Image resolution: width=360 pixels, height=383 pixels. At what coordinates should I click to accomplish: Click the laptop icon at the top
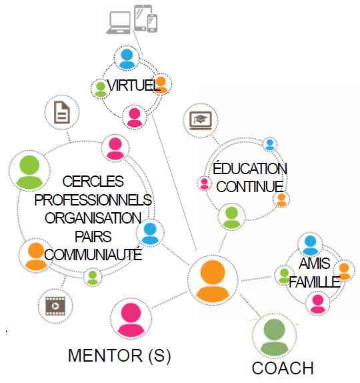pyautogui.click(x=119, y=23)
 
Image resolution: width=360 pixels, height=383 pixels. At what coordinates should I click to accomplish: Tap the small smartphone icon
pyautogui.click(x=152, y=23)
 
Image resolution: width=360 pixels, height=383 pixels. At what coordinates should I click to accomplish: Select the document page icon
pyautogui.click(x=62, y=112)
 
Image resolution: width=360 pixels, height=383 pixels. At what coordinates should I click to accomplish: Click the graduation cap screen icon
pyautogui.click(x=201, y=121)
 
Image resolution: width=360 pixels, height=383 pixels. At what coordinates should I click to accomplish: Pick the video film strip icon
pyautogui.click(x=55, y=306)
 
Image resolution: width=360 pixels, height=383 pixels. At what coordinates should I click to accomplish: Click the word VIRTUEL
pyautogui.click(x=133, y=85)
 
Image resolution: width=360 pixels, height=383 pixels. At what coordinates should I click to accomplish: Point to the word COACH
pyautogui.click(x=283, y=368)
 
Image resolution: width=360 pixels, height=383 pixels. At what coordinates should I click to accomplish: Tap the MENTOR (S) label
pyautogui.click(x=119, y=356)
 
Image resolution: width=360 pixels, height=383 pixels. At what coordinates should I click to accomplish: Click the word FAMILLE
pyautogui.click(x=315, y=282)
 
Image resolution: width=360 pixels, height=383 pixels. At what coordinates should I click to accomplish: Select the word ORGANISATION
pyautogui.click(x=93, y=218)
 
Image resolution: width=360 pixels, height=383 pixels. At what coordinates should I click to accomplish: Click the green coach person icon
pyautogui.click(x=274, y=337)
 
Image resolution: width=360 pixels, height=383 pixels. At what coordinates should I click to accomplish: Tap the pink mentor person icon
pyautogui.click(x=131, y=320)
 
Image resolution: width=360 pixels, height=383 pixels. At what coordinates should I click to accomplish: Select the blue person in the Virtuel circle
pyautogui.click(x=127, y=59)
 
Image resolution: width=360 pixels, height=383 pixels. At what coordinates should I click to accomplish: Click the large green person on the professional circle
pyautogui.click(x=29, y=171)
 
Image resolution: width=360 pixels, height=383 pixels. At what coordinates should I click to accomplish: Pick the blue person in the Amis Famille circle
pyautogui.click(x=310, y=246)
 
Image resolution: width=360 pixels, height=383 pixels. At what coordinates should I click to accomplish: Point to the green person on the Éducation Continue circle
pyautogui.click(x=231, y=218)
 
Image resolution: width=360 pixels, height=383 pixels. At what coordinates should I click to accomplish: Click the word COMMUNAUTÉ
pyautogui.click(x=93, y=254)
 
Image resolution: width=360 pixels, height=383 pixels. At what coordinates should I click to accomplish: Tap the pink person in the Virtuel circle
pyautogui.click(x=134, y=117)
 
